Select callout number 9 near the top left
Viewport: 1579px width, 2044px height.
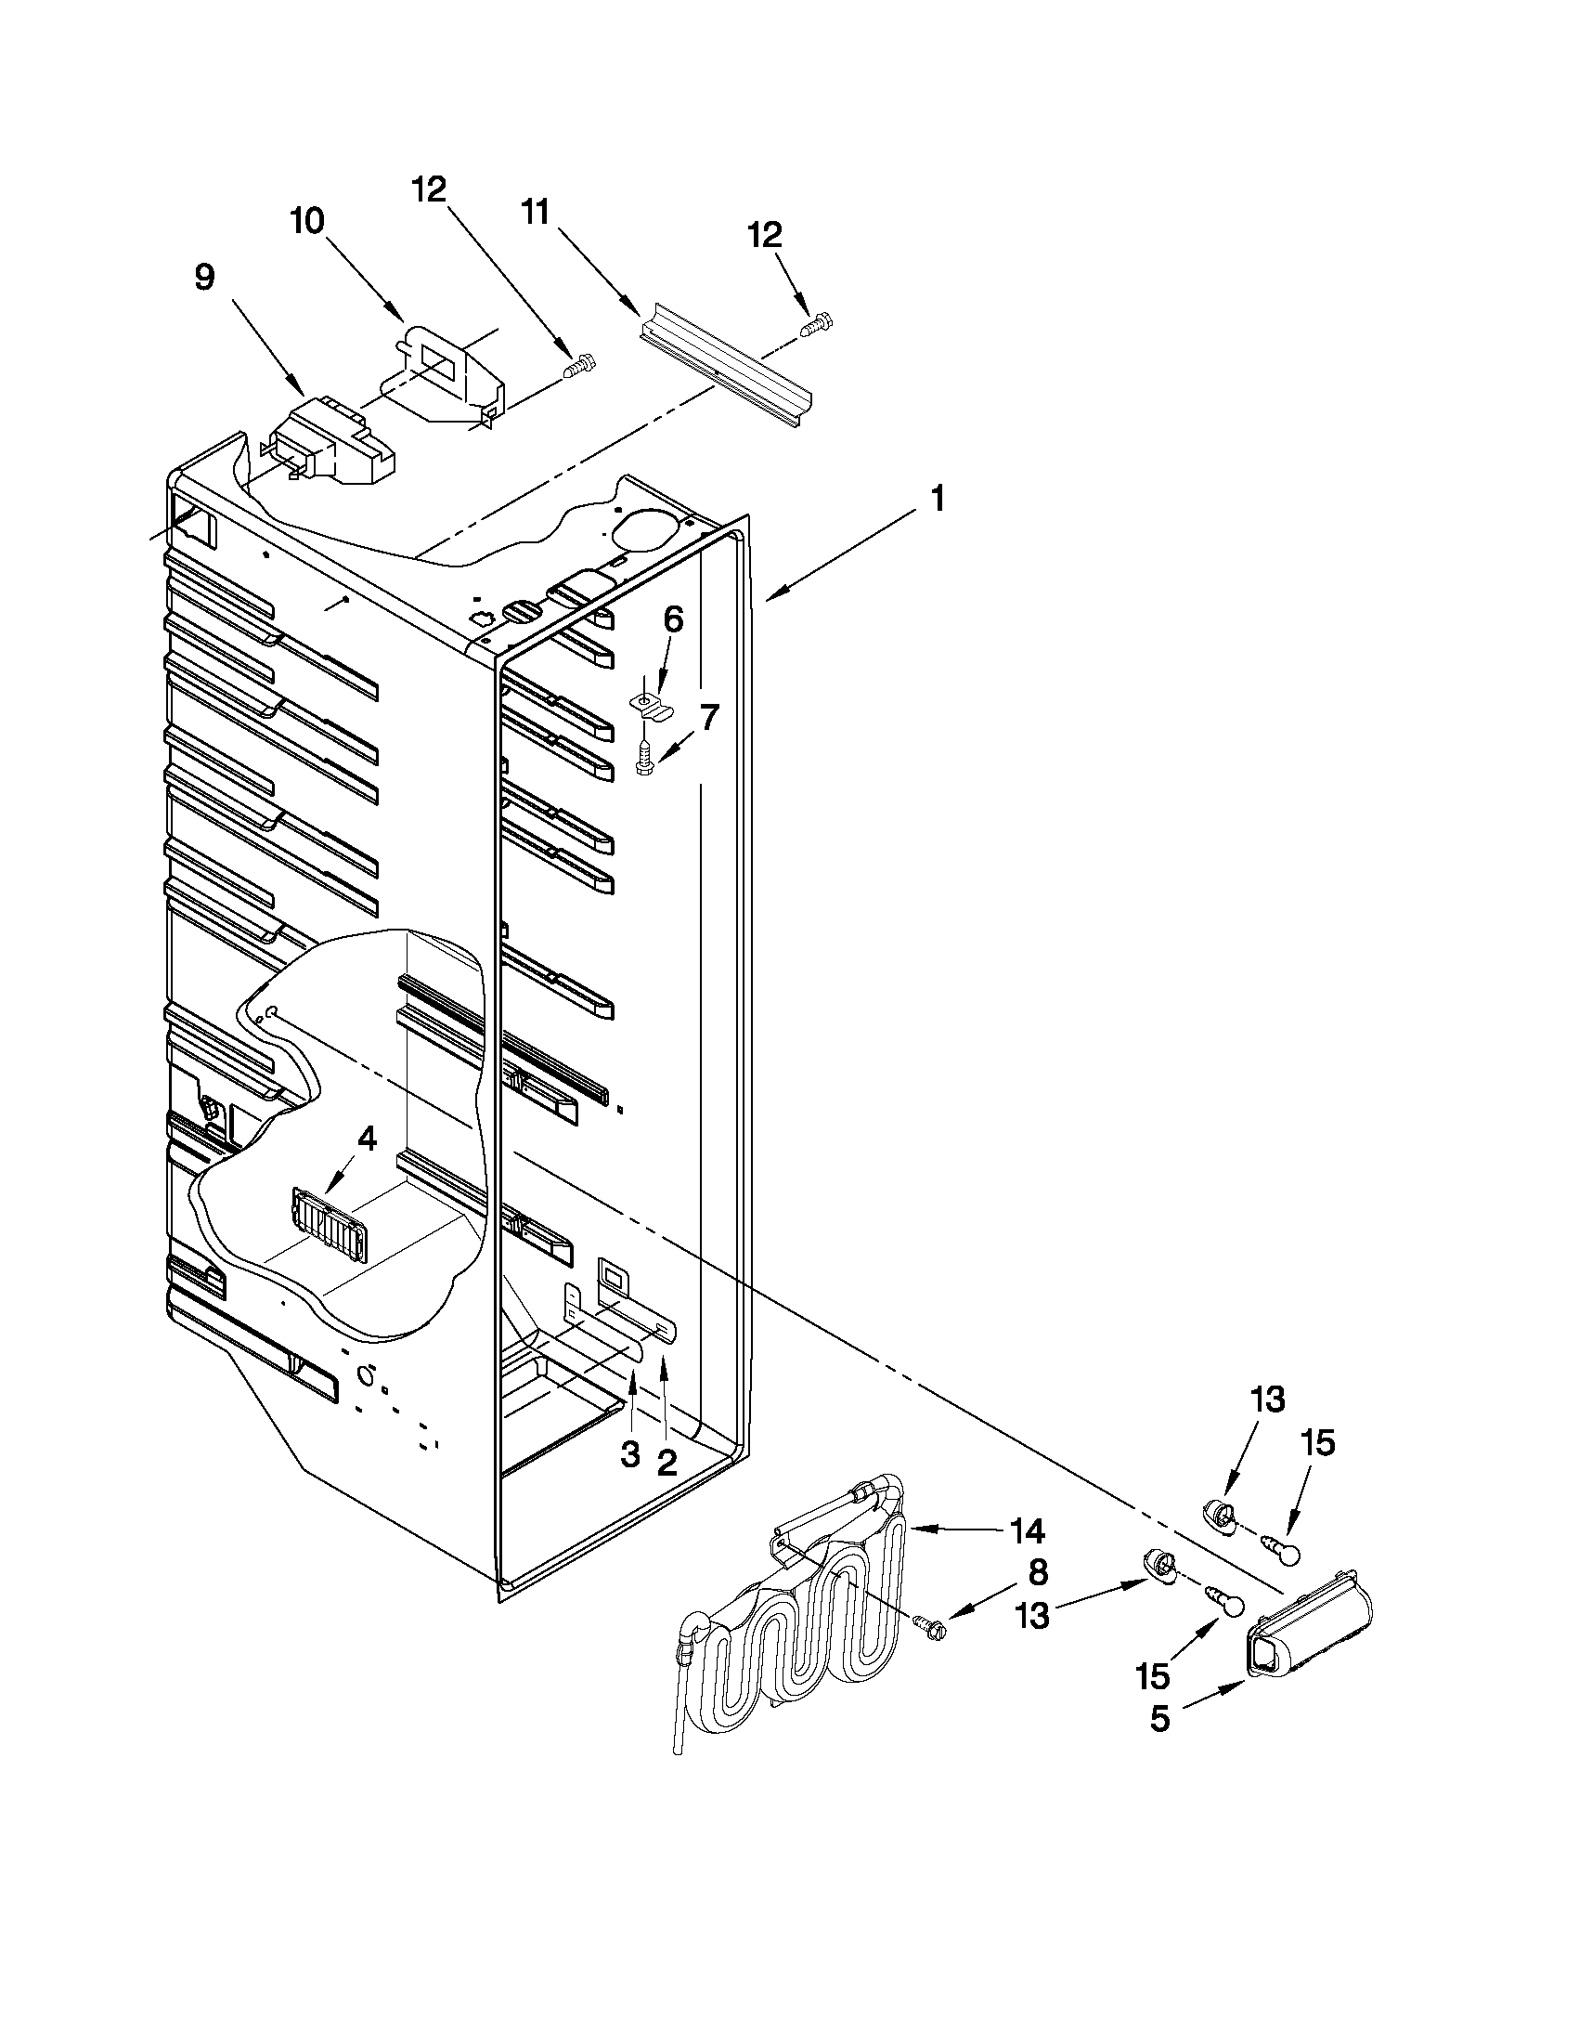click(204, 276)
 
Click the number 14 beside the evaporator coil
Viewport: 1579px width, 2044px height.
click(1026, 1531)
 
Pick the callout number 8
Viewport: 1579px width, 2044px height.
click(1038, 1572)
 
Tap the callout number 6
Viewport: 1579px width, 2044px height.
click(673, 619)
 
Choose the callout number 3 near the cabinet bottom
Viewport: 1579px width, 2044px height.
click(630, 1453)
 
